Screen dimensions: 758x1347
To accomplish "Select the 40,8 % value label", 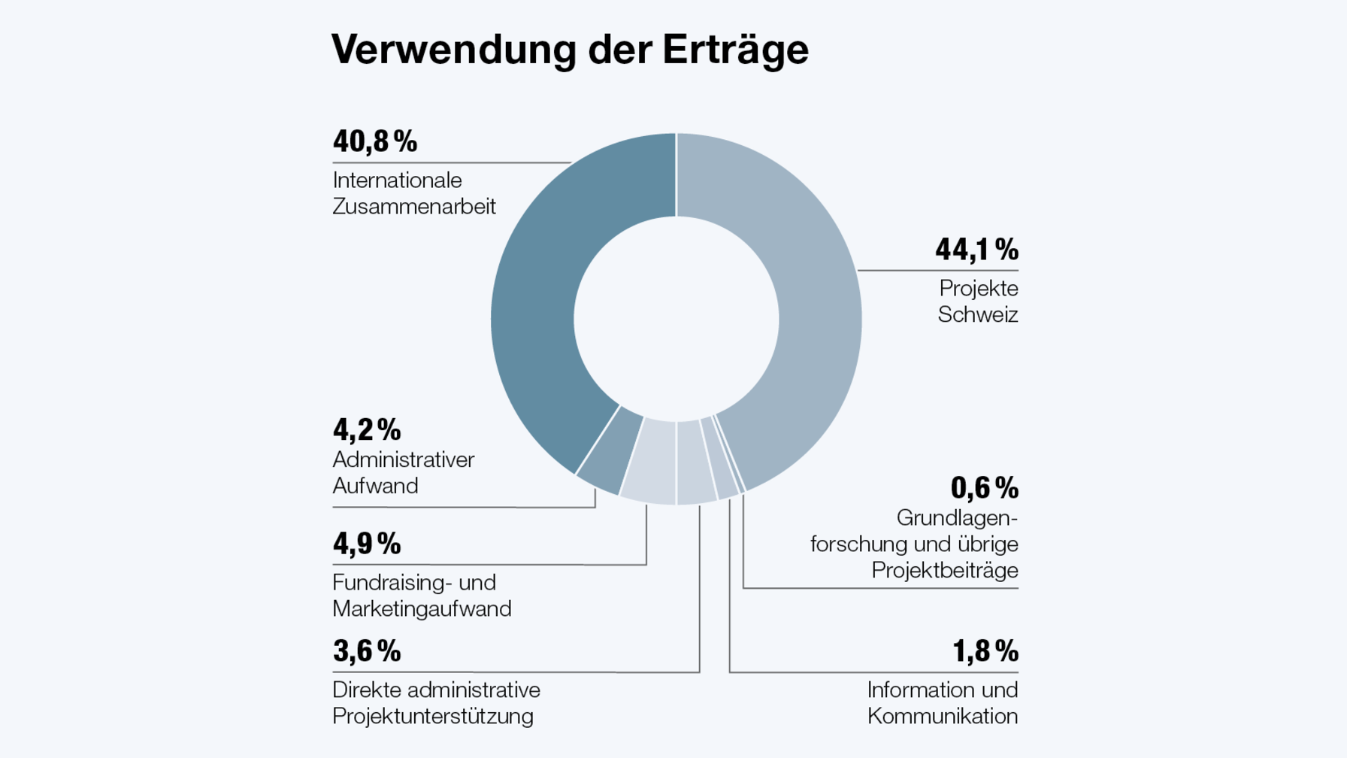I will (x=374, y=141).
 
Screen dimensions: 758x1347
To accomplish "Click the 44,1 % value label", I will (x=976, y=250).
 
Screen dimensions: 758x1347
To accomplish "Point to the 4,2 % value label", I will (x=367, y=430).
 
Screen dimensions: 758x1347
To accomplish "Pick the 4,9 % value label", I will (x=367, y=544).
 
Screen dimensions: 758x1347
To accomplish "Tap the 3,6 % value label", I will (x=367, y=651).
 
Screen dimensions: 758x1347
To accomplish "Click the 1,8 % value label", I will (x=985, y=651).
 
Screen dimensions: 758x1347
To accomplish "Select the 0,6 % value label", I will (x=984, y=488).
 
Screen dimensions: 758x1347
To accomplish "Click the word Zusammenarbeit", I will (x=414, y=207).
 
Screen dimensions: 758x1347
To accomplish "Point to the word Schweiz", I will (x=977, y=315).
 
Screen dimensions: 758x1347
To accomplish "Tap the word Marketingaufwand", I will (x=422, y=609).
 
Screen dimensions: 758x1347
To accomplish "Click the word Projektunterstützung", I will (x=433, y=717).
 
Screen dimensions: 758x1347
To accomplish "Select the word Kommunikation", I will (x=942, y=717).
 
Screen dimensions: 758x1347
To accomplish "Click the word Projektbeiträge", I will (x=944, y=571).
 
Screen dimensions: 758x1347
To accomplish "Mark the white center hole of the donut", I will (x=676, y=320).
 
